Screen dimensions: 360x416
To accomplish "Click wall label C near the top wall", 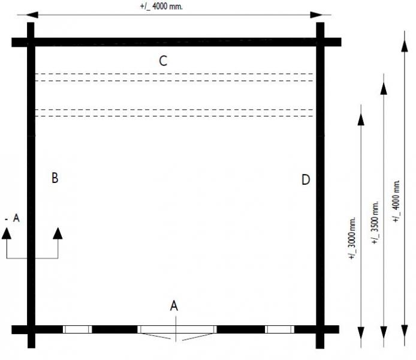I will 162,61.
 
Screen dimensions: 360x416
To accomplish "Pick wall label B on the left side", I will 55,178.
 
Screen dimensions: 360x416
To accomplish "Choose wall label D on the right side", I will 306,179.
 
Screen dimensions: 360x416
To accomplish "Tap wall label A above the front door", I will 174,305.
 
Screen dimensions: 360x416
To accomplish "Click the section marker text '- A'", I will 13,219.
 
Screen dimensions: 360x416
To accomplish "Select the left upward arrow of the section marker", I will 7,233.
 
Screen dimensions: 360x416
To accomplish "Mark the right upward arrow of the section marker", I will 58,233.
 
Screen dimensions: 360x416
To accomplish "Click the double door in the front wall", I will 176,329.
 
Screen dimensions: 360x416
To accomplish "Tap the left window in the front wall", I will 77,329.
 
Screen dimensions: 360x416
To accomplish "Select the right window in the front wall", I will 279,329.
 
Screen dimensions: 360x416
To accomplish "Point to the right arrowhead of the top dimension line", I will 327,14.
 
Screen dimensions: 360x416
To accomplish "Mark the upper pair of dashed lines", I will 174,77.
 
